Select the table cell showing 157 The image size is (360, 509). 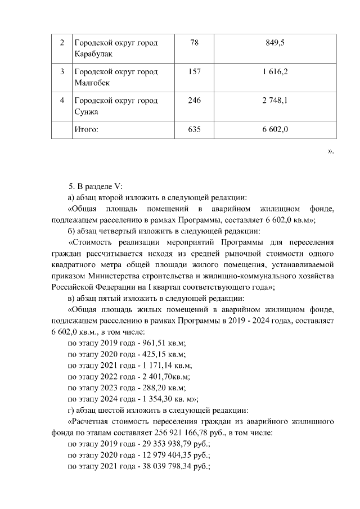(x=195, y=72)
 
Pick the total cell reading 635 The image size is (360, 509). (x=195, y=129)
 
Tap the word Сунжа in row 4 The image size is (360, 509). (x=86, y=111)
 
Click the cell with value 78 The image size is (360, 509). (x=195, y=43)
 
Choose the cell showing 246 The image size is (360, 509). (x=195, y=101)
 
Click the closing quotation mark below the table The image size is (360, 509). (x=331, y=150)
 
